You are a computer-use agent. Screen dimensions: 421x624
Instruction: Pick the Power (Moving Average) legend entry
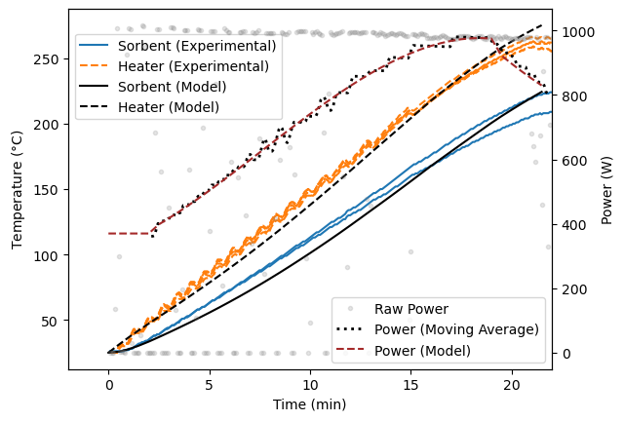(456, 329)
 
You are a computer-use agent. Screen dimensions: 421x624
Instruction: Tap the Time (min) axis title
(310, 403)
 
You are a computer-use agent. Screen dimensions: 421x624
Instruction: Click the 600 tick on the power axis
(570, 161)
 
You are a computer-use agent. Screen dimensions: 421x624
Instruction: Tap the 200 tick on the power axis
(570, 289)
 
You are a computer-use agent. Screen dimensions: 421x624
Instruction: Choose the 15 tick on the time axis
(410, 383)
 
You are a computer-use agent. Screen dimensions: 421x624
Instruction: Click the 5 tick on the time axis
(210, 383)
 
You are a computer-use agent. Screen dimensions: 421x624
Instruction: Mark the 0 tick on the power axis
(564, 354)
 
